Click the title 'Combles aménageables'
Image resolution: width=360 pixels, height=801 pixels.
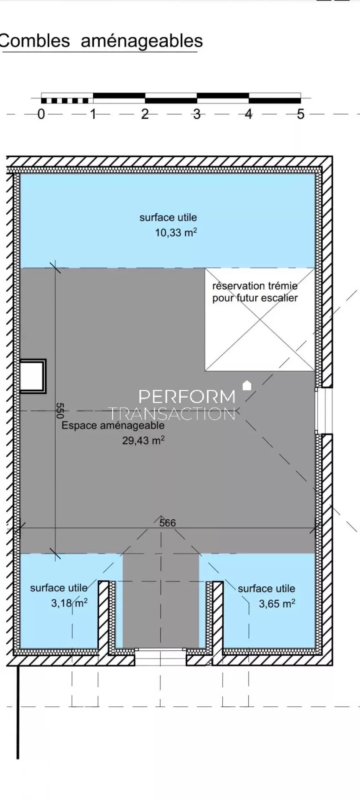pos(101,41)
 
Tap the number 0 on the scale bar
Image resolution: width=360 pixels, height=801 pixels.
pos(41,114)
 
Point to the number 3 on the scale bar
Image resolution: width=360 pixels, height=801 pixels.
pos(196,114)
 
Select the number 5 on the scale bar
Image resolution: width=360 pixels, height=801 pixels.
pos(300,114)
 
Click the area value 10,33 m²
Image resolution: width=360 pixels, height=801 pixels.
pos(176,232)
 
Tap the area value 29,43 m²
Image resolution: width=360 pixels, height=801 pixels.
pos(143,440)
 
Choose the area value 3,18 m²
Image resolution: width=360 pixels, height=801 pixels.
pos(69,603)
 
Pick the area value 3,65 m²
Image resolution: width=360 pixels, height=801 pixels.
pos(277,603)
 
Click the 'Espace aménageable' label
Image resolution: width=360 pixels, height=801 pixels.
pos(113,426)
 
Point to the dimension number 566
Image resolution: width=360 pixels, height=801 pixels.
pos(168,523)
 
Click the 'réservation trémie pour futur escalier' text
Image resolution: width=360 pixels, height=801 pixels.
pos(255,292)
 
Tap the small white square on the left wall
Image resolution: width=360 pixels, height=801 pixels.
pos(33,376)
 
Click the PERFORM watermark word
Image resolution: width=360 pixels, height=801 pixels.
pos(187,397)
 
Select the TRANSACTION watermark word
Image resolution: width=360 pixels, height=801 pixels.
pos(171,414)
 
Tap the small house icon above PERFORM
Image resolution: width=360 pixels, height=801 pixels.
pos(247,385)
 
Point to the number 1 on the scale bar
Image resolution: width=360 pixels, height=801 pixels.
pos(93,114)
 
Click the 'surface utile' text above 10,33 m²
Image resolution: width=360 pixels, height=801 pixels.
pos(168,217)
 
